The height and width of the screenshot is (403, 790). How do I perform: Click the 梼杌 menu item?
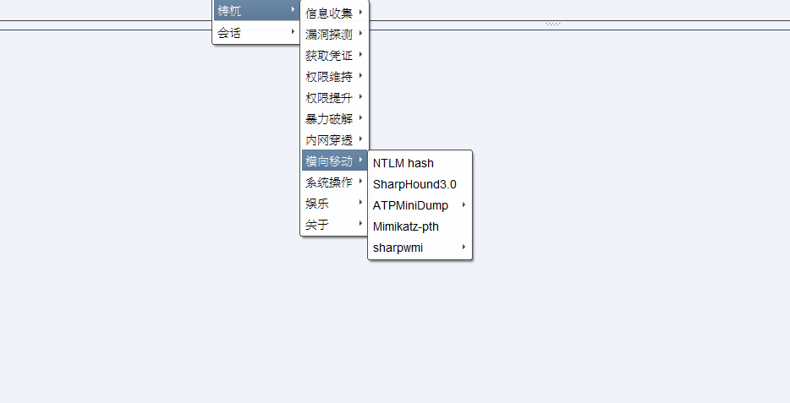(x=230, y=11)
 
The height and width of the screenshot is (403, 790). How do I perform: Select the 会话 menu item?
(x=229, y=33)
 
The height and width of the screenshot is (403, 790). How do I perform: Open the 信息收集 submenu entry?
(x=329, y=13)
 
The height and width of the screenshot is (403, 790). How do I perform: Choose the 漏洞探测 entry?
(x=329, y=34)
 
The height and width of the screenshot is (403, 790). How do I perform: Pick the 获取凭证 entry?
(x=329, y=55)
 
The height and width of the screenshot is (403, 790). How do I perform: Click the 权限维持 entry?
(x=329, y=76)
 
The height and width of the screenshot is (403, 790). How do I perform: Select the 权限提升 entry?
(x=329, y=97)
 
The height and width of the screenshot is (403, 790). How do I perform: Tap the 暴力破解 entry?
(x=329, y=118)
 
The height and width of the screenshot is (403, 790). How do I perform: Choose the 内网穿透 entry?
(x=329, y=139)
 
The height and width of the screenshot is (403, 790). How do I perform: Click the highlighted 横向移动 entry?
(x=329, y=161)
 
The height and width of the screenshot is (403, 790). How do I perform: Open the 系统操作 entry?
(x=329, y=182)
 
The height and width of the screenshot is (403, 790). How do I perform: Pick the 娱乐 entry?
(x=318, y=204)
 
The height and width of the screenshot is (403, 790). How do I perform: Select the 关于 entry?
(x=318, y=225)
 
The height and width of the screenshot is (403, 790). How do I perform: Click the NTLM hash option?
(x=403, y=163)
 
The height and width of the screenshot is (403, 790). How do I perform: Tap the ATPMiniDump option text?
(x=410, y=205)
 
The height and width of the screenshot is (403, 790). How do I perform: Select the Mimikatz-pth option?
(x=406, y=226)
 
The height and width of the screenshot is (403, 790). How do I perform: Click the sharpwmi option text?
(x=398, y=248)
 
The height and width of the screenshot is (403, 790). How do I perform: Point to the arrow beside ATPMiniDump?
(x=464, y=205)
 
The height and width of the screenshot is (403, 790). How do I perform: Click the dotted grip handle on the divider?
(x=553, y=24)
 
